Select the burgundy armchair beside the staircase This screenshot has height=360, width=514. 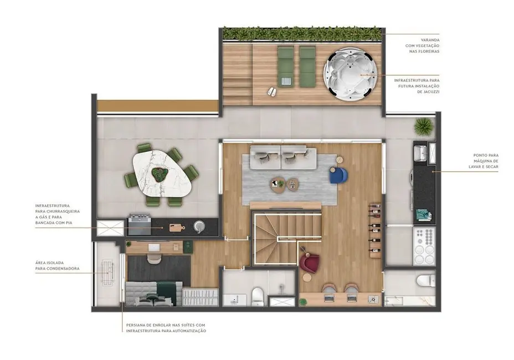pos(308,260)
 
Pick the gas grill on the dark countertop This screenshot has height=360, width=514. pos(140,224)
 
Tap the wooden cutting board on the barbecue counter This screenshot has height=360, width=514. pos(177,227)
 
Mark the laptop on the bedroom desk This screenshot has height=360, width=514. pos(153,259)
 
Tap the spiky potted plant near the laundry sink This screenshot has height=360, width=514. pos(424,126)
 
